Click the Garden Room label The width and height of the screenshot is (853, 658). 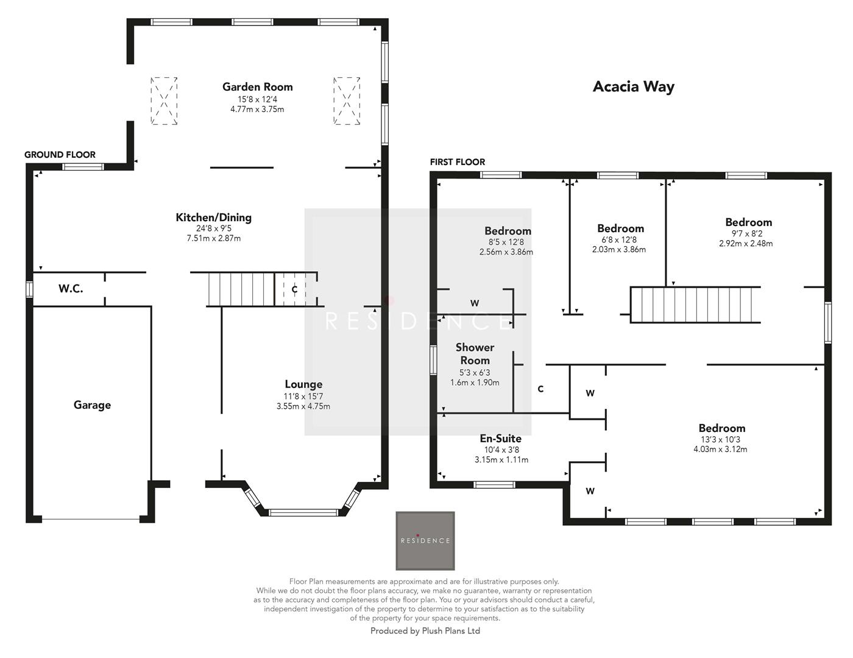pos(257,87)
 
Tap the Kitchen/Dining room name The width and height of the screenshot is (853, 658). pos(213,218)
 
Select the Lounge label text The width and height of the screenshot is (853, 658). pos(303,384)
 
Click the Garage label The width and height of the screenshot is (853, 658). pos(92,405)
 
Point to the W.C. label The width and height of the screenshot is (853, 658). pos(71,289)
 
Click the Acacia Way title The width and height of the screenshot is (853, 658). pos(633,87)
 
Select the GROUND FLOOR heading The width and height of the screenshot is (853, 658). pos(60,155)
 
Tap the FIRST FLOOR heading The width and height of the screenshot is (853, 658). pos(458,162)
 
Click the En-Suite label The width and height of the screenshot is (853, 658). pos(500,439)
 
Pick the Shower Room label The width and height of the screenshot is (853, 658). pos(475,354)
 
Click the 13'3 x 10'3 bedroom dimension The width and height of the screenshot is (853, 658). pos(721,439)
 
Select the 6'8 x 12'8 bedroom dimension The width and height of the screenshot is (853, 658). pos(619,239)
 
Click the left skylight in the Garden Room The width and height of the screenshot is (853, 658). pos(164,101)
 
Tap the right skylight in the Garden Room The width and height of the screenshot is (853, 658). pos(347,101)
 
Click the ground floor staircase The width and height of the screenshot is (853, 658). pos(241,289)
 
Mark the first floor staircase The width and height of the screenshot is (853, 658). pos(695,305)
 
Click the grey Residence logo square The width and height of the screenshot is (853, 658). pos(425,540)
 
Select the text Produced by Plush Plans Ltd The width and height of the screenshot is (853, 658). pos(425,631)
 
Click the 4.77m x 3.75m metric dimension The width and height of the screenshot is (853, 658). pos(257,110)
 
